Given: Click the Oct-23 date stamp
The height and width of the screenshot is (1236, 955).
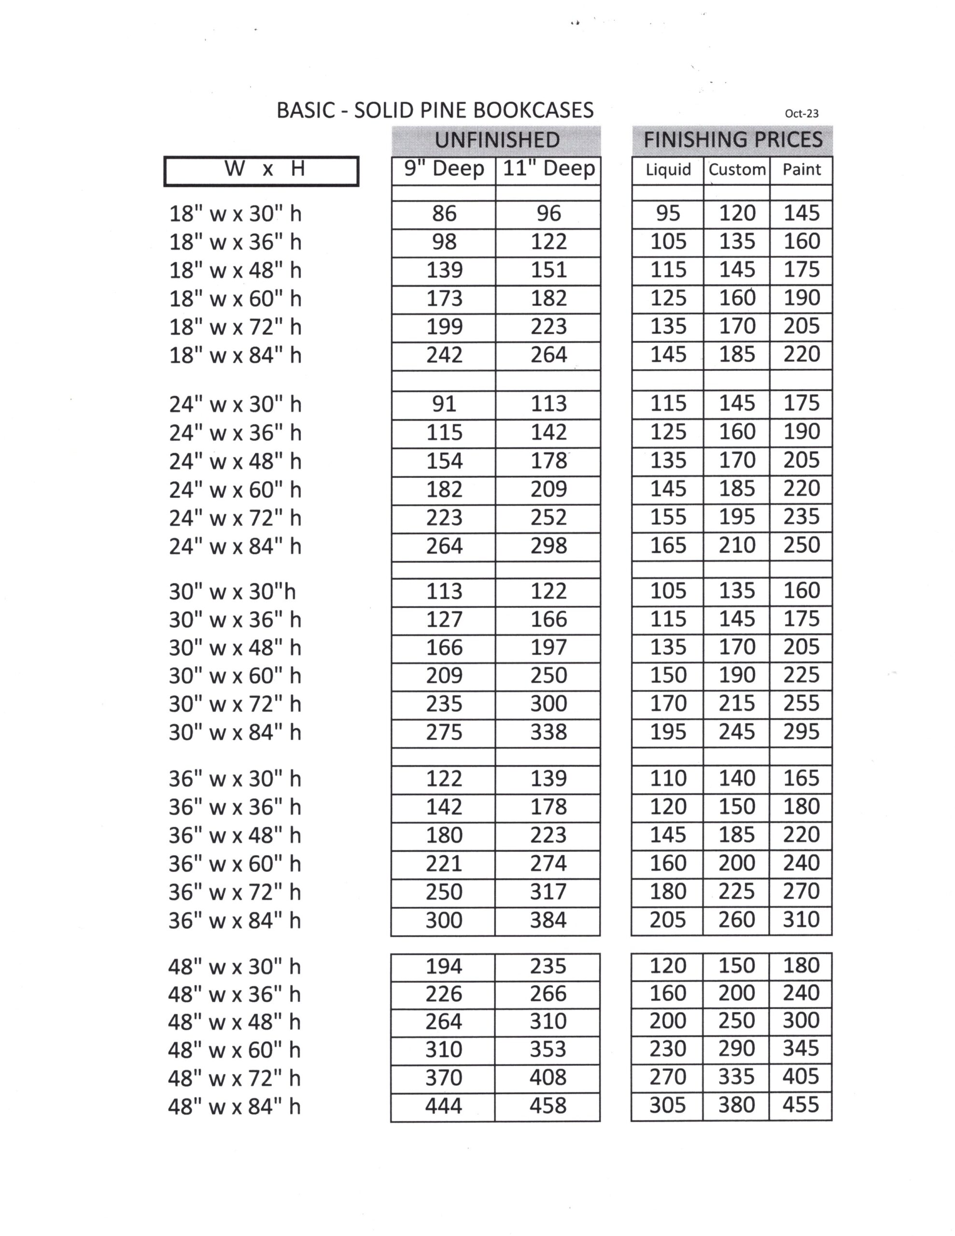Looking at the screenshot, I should point(801,113).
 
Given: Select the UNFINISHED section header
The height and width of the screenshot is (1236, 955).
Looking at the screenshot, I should point(496,140).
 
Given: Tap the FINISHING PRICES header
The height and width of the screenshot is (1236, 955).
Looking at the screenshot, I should point(732,140).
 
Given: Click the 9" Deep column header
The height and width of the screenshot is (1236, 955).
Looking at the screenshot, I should point(444,169).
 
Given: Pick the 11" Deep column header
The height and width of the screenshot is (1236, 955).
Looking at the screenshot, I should point(548,169).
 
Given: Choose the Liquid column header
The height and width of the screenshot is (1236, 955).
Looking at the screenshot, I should point(668,169).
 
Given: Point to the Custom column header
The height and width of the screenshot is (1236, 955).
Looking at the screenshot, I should point(737,169).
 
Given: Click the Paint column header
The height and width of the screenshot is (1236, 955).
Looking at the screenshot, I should point(801,169).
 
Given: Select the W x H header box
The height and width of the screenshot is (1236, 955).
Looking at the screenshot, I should point(262,170).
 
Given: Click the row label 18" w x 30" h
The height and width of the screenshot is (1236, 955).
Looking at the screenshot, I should point(235,214).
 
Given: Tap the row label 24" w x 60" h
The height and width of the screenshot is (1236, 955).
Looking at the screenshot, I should point(235,490).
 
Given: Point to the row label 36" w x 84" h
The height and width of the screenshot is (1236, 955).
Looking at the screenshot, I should point(234,921).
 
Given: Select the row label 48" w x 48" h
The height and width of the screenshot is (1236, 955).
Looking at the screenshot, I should point(234,1022).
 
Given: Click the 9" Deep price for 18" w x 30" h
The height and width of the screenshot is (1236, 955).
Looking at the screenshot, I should point(444,214).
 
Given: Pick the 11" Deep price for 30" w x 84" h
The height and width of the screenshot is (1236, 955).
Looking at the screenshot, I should point(548,732).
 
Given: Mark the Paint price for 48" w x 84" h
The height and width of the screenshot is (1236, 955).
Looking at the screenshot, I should point(801,1105).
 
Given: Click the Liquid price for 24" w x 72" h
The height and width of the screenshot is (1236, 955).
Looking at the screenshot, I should point(668,517).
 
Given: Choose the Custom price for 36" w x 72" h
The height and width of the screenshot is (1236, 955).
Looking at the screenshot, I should point(736,892).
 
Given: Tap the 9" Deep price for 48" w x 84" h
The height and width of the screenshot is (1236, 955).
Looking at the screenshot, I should point(443,1105).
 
